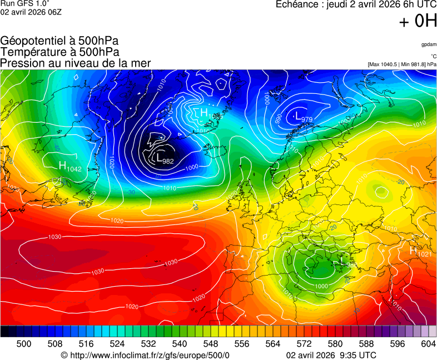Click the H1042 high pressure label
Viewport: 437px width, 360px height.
click(x=70, y=166)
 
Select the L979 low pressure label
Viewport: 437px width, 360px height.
click(x=303, y=117)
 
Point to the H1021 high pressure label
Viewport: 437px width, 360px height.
click(x=420, y=252)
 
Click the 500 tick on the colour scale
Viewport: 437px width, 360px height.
click(x=24, y=344)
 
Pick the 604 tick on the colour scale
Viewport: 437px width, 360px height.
click(x=428, y=344)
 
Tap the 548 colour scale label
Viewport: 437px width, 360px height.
click(x=211, y=344)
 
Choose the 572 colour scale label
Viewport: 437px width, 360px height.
click(x=304, y=344)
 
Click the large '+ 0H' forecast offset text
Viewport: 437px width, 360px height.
click(x=418, y=21)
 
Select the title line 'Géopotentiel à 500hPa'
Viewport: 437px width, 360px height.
click(x=59, y=41)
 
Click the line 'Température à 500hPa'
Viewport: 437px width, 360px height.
click(x=59, y=52)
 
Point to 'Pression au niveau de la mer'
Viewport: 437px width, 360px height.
click(x=76, y=63)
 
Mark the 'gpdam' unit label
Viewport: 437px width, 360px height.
click(x=429, y=44)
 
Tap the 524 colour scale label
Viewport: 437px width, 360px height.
click(x=117, y=344)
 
